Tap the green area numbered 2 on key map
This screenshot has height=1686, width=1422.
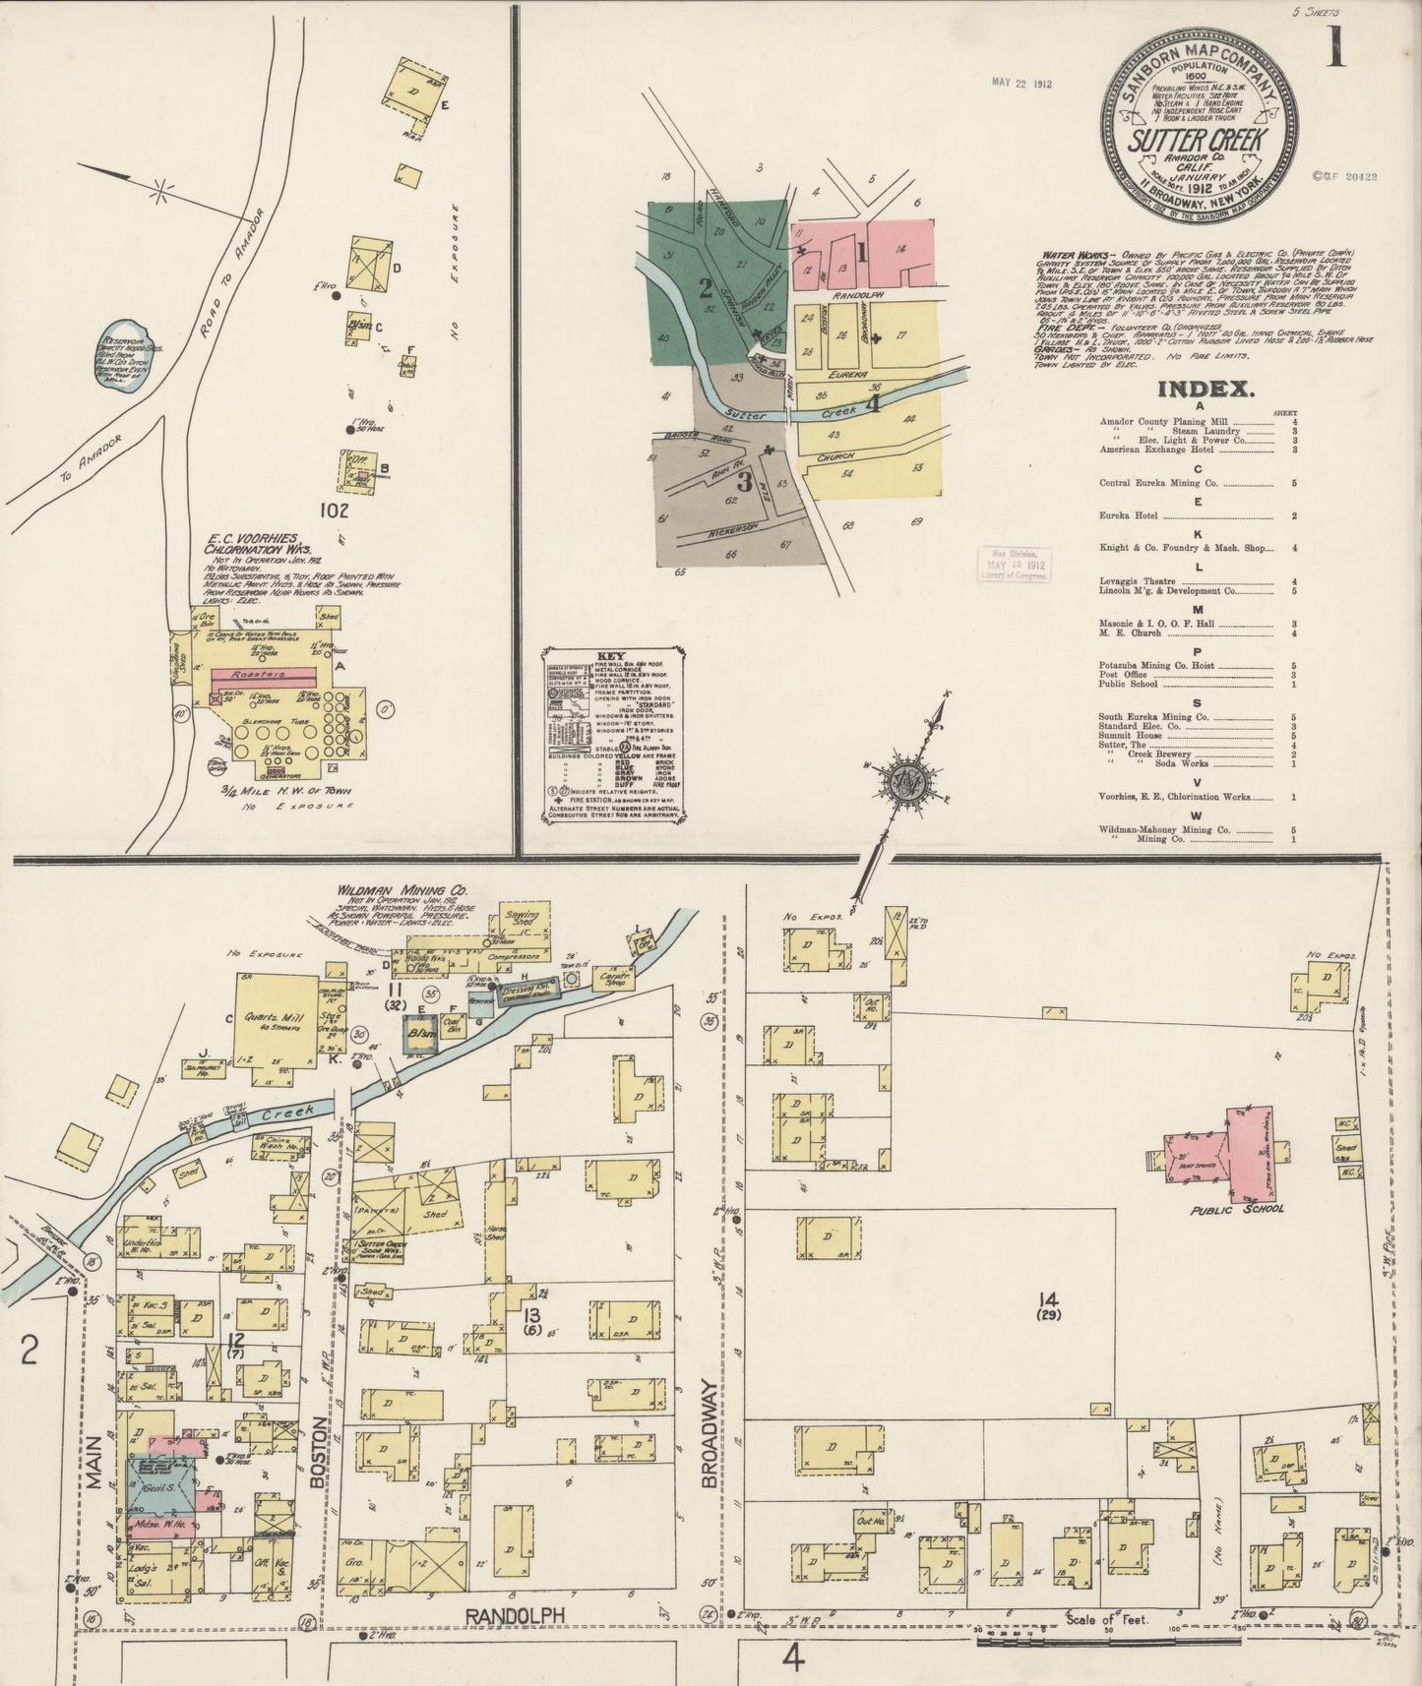(x=705, y=287)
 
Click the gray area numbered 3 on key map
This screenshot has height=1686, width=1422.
(x=743, y=484)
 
